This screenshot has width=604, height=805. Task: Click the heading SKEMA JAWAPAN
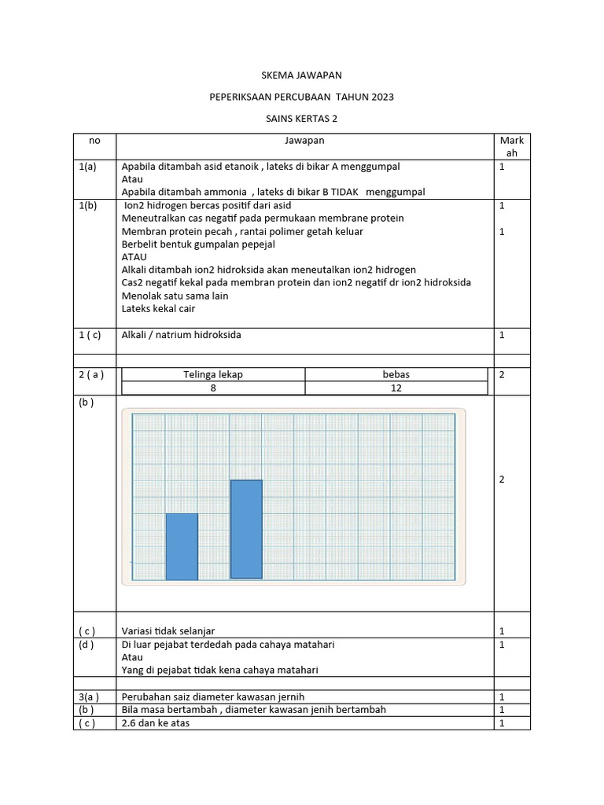pos(302,75)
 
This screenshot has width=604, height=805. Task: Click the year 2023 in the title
pos(379,97)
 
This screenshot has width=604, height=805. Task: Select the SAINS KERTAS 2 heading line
pos(302,119)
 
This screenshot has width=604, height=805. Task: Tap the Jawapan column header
pos(304,141)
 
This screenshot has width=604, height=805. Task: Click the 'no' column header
pos(94,141)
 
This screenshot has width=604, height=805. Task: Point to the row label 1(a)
pos(87,167)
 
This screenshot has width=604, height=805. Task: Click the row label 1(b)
pos(87,205)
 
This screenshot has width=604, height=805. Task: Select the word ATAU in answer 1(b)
pos(134,257)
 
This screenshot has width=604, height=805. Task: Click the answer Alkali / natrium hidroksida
pos(182,335)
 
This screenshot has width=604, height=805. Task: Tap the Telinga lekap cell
pos(213,375)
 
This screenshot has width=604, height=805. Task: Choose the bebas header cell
pos(396,375)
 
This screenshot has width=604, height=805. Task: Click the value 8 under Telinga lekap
pos(213,388)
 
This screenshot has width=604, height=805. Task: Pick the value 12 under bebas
pos(396,388)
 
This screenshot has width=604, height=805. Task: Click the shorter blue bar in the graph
pos(182,546)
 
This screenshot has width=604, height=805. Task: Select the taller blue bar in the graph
pos(246,529)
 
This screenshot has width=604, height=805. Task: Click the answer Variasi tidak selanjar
pos(168,630)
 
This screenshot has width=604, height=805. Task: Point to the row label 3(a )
pos(88,697)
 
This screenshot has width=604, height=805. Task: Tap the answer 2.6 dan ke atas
pos(156,723)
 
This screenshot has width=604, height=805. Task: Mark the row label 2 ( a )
pos(91,375)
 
